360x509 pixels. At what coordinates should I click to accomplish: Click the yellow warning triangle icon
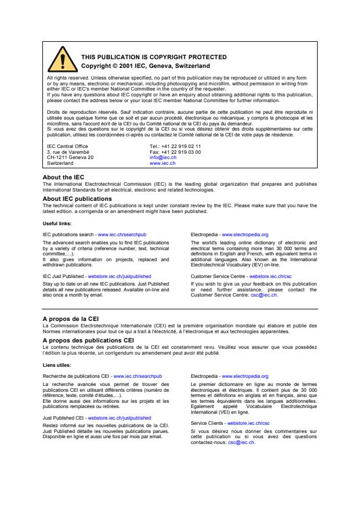[60, 60]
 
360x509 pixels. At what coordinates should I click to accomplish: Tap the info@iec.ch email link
[163, 157]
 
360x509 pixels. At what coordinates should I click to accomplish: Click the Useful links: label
[59, 223]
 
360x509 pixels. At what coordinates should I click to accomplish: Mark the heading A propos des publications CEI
[88, 341]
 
